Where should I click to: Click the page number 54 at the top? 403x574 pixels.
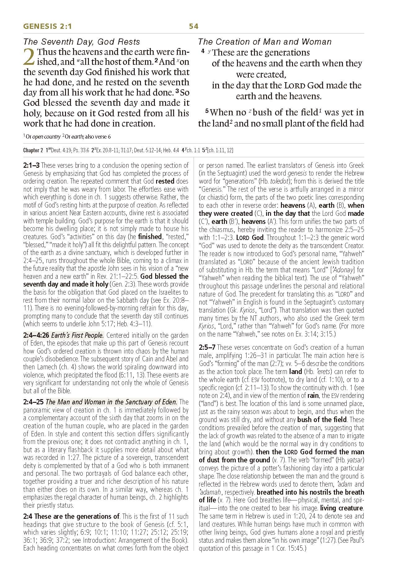tap(194, 27)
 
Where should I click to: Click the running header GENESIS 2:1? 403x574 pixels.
tap(47, 27)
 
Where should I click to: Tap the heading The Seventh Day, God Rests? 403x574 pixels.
tap(82, 42)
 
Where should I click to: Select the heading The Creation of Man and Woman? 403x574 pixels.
tap(265, 42)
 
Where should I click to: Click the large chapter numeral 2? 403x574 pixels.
tap(29, 57)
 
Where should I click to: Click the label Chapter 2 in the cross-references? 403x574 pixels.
tap(33, 151)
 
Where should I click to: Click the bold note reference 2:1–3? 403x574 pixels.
tap(31, 166)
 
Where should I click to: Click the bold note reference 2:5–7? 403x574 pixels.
tap(207, 347)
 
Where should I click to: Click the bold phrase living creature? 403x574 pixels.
tap(341, 508)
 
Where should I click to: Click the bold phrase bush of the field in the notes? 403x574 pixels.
tap(322, 420)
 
